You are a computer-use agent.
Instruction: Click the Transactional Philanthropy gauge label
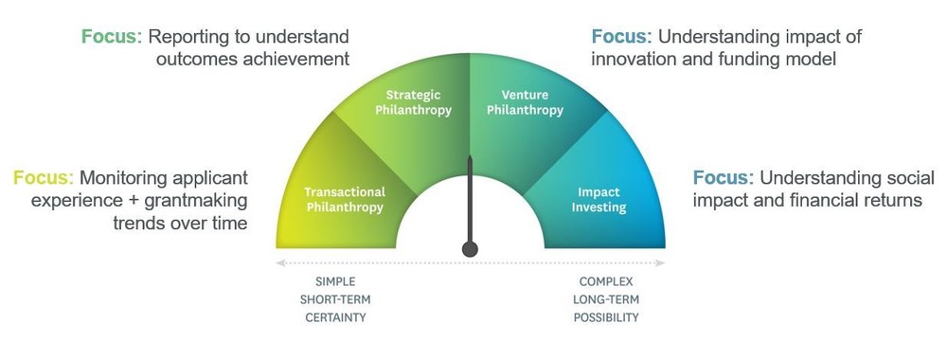(344, 200)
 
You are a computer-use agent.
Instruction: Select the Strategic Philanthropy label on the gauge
(413, 102)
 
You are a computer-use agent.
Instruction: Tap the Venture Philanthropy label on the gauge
(525, 102)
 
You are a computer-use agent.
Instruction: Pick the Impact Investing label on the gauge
(599, 200)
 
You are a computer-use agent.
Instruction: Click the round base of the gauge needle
(470, 249)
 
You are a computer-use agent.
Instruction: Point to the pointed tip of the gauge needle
(470, 156)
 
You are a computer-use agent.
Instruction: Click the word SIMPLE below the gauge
(335, 282)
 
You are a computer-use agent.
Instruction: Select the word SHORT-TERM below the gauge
(335, 299)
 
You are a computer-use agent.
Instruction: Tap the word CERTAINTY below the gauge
(335, 317)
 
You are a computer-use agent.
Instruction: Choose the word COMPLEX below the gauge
(606, 282)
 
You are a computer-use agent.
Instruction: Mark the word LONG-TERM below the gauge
(606, 299)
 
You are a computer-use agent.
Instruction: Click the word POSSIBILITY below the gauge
(606, 317)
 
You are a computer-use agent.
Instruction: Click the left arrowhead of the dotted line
(279, 262)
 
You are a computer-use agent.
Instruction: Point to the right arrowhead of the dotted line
(661, 262)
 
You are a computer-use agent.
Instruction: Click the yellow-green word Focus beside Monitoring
(44, 178)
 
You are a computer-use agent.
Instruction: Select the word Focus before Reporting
(112, 37)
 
